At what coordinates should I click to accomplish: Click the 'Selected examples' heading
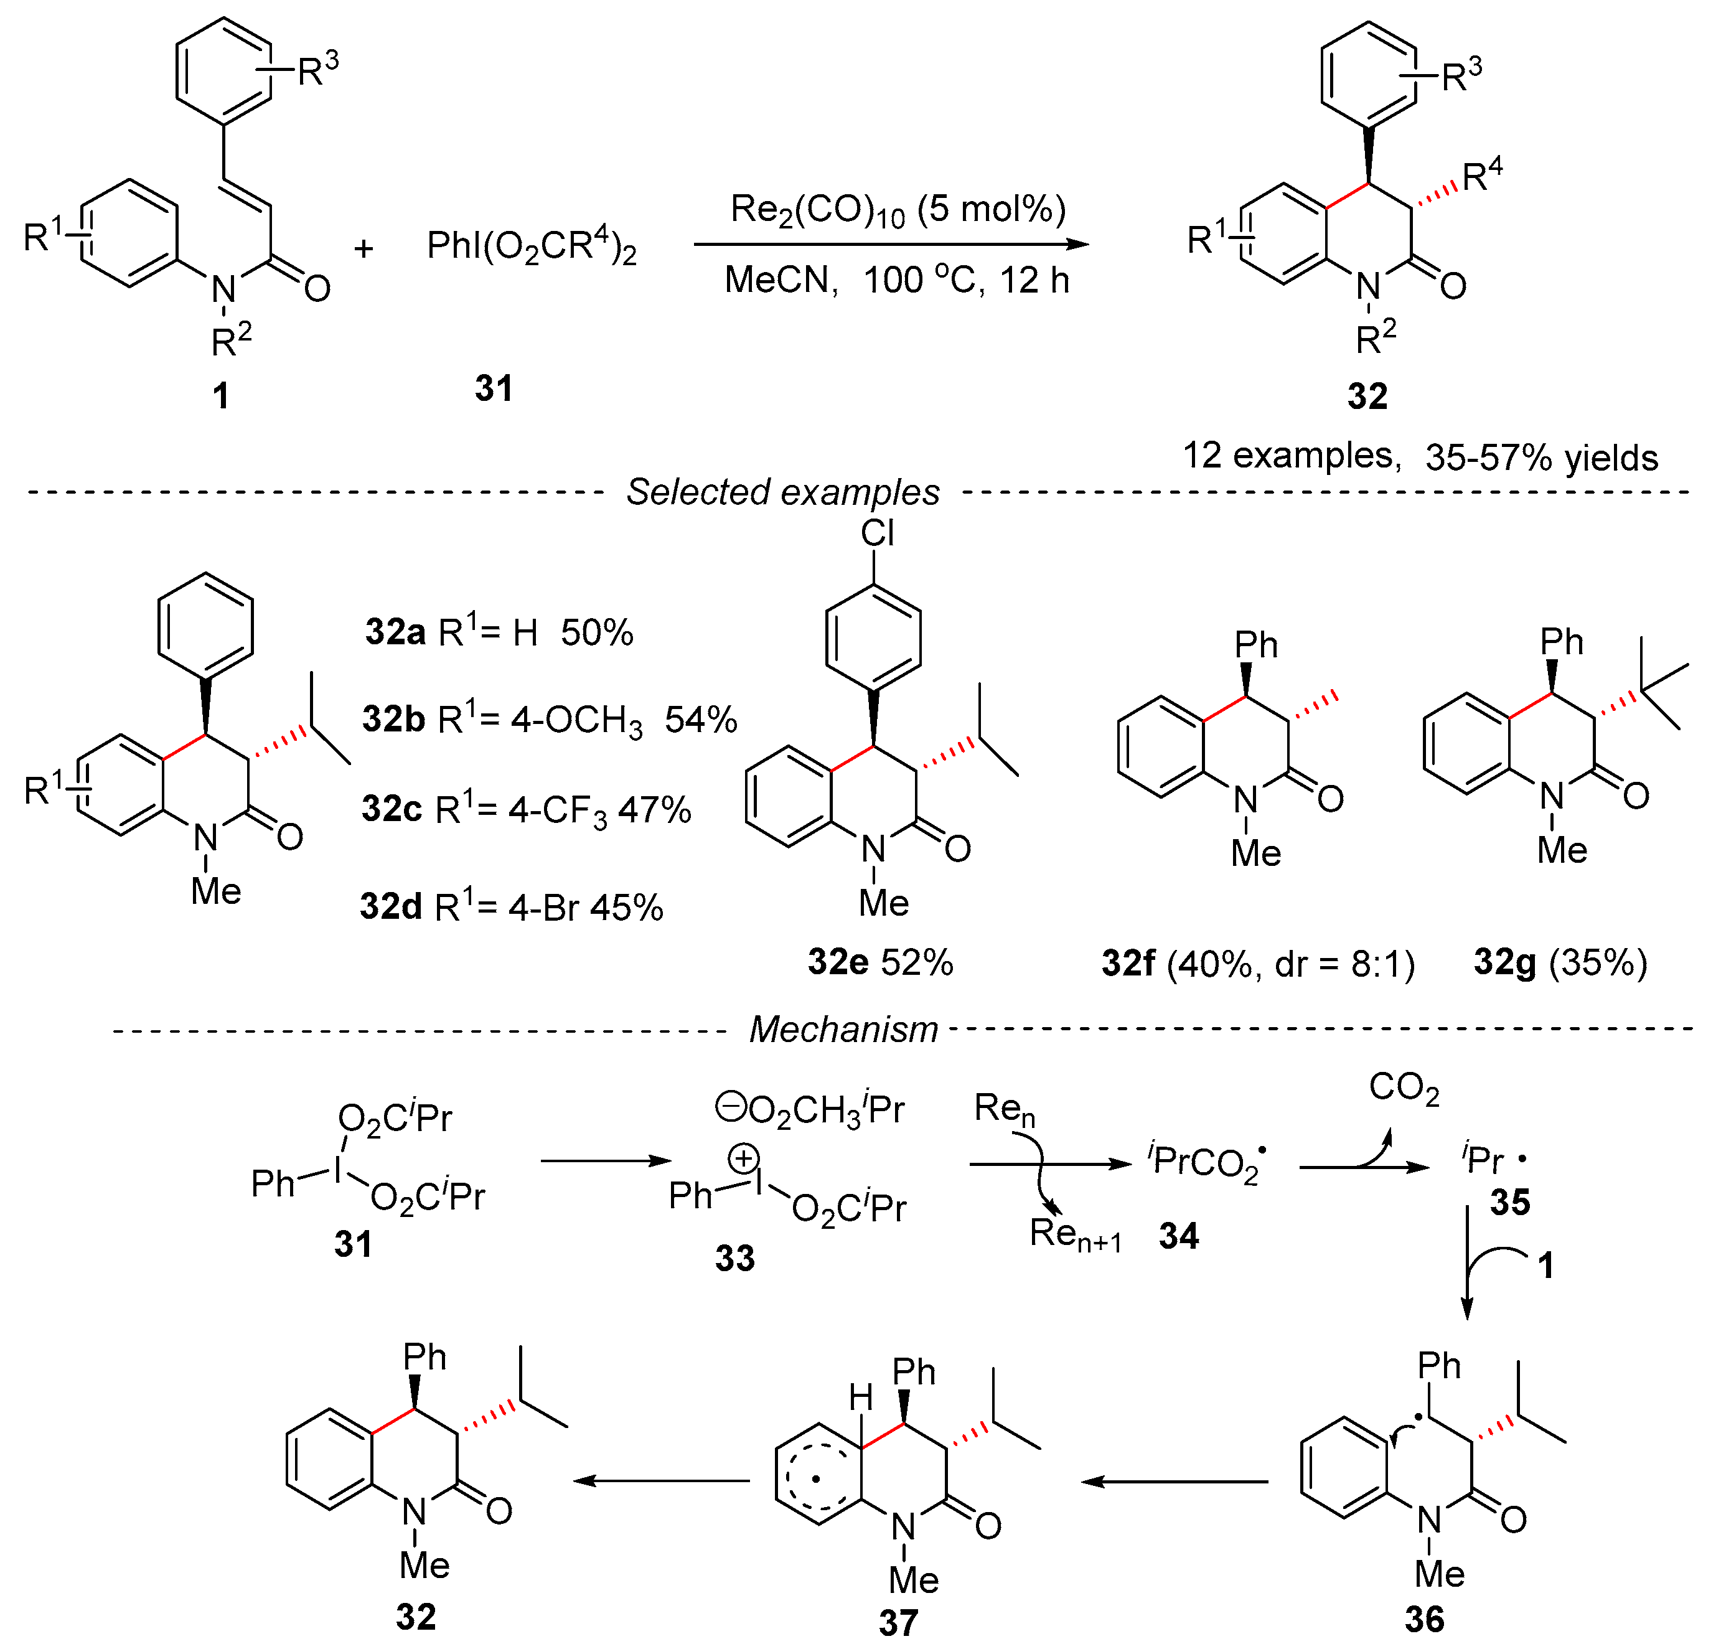click(x=782, y=492)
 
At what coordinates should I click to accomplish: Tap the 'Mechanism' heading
click(x=843, y=1029)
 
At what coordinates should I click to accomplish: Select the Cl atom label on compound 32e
click(x=877, y=533)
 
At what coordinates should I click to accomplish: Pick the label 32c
click(x=392, y=809)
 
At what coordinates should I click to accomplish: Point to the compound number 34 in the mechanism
click(x=1178, y=1236)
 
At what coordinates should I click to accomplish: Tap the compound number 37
click(x=898, y=1623)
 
